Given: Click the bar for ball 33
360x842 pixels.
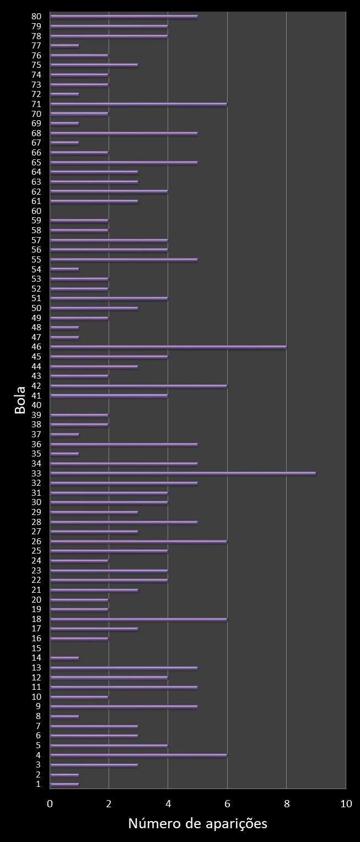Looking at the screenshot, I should tap(183, 473).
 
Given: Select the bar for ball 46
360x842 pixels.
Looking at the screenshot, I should tap(168, 347).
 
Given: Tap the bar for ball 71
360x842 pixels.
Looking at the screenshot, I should tap(138, 104).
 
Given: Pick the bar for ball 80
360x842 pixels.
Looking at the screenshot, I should tap(124, 16).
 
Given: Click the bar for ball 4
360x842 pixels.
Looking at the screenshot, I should tap(138, 755).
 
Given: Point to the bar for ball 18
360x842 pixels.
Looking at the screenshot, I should tap(138, 619).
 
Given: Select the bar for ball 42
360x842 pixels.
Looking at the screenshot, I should tap(138, 385).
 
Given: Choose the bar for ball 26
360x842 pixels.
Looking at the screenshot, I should tap(138, 541).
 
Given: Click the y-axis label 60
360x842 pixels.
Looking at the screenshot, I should tap(36, 211).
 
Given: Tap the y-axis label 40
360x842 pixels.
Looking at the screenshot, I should tap(36, 405).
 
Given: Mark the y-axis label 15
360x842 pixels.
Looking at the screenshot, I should tap(36, 648).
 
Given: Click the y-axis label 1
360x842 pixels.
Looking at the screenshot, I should tap(38, 784).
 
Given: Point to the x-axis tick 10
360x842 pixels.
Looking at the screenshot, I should tap(346, 804).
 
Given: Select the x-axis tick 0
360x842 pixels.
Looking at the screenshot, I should tap(50, 804).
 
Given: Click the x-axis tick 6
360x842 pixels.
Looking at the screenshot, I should tap(227, 804).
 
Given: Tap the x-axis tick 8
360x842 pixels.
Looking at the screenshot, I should tap(286, 804).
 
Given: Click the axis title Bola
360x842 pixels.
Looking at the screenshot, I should tap(20, 400).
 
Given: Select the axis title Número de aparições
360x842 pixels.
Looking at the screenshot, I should tap(197, 824).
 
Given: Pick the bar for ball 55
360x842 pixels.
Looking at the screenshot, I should tap(124, 259).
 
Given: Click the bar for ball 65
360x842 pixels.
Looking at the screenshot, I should tap(124, 162).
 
